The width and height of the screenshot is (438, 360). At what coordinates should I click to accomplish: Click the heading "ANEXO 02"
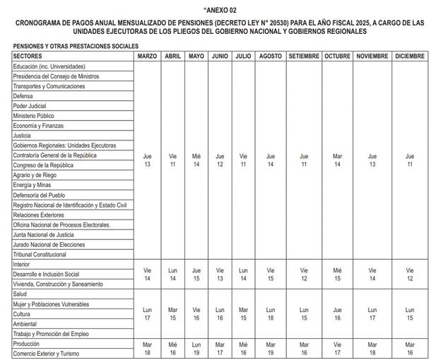click(x=219, y=11)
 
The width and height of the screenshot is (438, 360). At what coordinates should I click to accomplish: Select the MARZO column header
click(x=147, y=56)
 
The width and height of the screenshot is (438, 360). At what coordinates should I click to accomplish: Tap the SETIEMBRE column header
click(x=304, y=56)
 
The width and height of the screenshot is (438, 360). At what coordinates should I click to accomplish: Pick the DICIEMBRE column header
click(x=410, y=56)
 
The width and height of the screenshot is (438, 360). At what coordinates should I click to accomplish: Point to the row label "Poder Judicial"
click(x=29, y=106)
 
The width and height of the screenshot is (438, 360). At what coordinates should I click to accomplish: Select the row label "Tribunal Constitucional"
click(x=41, y=254)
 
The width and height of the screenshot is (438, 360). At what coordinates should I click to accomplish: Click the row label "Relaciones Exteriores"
click(x=38, y=215)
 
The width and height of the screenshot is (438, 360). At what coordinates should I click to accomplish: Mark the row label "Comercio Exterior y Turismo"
click(x=47, y=353)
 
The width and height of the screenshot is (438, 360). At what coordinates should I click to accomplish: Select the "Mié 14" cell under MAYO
click(x=196, y=160)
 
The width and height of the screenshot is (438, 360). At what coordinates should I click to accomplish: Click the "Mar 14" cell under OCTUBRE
click(x=338, y=160)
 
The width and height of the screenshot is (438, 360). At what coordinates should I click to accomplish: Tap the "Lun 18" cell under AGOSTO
click(x=269, y=313)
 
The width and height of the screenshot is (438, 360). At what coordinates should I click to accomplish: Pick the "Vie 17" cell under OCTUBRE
click(x=338, y=348)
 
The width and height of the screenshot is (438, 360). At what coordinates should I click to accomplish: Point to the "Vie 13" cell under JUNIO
click(x=220, y=274)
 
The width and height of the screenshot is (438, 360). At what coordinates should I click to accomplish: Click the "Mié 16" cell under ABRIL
click(x=172, y=348)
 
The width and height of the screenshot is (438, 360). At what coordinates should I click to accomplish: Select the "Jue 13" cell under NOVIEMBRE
click(x=372, y=160)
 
